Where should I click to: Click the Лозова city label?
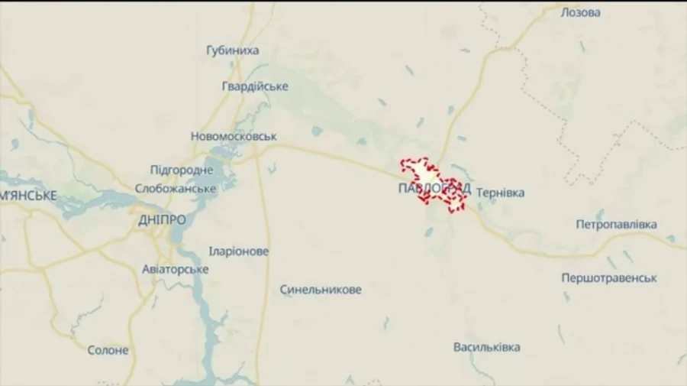click(x=580, y=13)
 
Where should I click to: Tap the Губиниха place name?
click(x=232, y=50)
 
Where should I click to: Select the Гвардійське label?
click(x=255, y=86)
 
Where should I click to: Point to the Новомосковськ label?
click(x=234, y=136)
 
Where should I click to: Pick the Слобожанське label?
click(x=175, y=188)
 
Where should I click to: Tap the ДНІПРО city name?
click(x=162, y=219)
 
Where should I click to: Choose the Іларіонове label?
click(x=239, y=251)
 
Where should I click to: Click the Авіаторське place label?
click(x=175, y=269)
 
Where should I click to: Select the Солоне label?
click(x=108, y=350)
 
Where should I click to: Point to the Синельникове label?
click(x=321, y=290)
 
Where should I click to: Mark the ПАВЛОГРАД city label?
click(x=434, y=188)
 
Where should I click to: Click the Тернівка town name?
click(x=500, y=193)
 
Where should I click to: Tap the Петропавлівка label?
click(x=616, y=225)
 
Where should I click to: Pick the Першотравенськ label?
click(x=609, y=278)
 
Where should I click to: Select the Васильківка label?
click(x=486, y=347)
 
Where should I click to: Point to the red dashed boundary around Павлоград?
click(x=405, y=162)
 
